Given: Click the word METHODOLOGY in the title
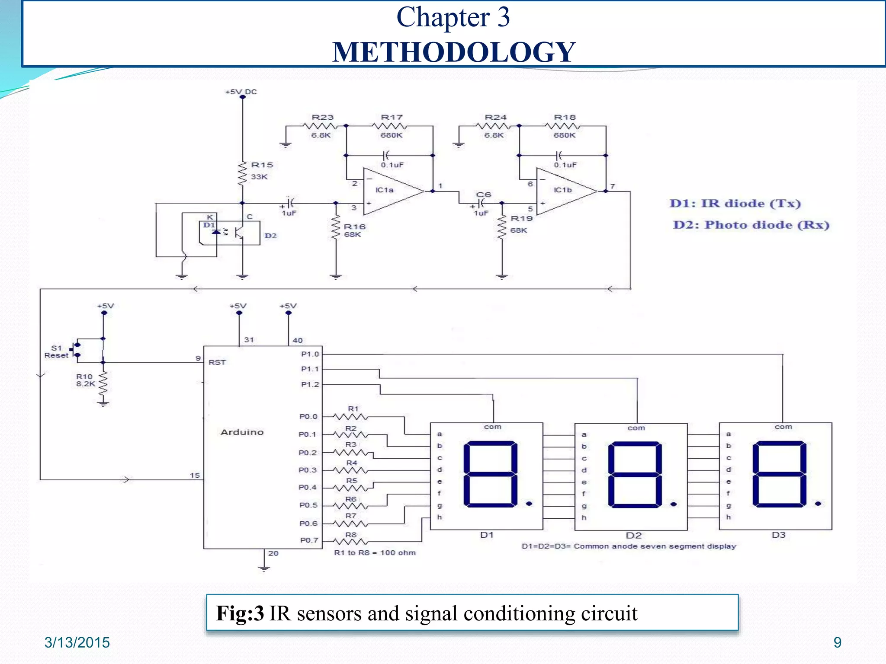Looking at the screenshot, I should coord(453,52).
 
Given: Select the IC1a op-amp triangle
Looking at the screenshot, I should coord(392,191).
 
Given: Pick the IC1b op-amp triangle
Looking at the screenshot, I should coord(565,191).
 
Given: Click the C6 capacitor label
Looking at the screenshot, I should coord(483,195).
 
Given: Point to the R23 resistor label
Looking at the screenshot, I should coord(323,118).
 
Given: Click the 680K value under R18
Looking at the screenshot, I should coord(565,135).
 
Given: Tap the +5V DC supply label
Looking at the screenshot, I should coord(241,92).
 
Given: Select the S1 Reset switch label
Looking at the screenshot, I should coord(56,351).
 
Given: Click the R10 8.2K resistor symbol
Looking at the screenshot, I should coord(103,383).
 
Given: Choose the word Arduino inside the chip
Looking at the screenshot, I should coord(242,432).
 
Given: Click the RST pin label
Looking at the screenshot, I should coord(217,362).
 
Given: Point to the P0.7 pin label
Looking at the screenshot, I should coord(309,540).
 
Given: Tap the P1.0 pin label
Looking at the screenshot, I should coord(310,354).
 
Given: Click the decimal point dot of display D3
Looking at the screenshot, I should coord(818,504).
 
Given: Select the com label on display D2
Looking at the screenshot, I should coord(636,428).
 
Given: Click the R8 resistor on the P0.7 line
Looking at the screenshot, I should coord(351,541).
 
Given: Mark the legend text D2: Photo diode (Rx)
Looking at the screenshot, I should coord(751,225).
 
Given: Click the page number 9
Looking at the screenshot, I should coord(837,642).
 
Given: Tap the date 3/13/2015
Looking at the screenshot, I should coord(77,642).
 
